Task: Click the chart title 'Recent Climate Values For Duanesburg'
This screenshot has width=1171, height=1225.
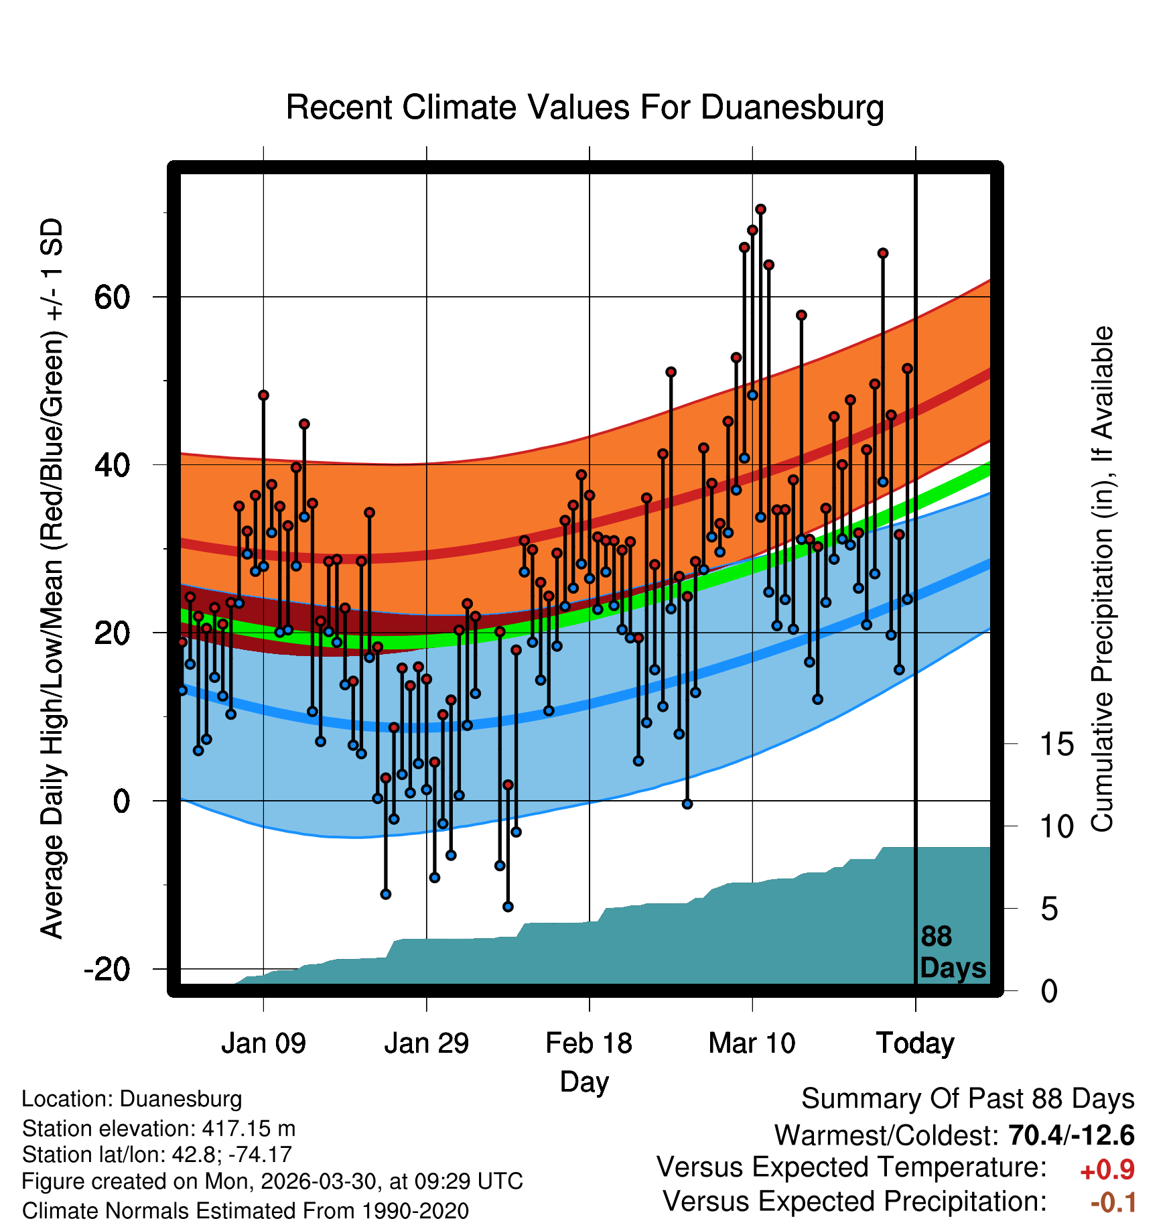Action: [585, 108]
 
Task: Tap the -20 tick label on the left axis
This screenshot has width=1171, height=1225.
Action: [107, 969]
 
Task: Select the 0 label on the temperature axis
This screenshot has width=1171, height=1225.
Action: [121, 801]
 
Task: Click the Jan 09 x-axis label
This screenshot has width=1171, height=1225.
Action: [263, 1043]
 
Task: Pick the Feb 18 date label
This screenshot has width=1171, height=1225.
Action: [589, 1043]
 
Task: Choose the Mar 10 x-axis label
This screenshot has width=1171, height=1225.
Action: [752, 1043]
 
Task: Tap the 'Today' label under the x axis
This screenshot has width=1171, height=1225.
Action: [915, 1044]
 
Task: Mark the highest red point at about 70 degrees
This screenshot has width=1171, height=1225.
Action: [760, 210]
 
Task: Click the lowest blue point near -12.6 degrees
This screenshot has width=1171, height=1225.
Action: [508, 907]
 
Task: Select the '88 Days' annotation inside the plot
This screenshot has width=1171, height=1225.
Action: [953, 952]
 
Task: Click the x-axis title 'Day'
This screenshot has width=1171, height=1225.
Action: [584, 1082]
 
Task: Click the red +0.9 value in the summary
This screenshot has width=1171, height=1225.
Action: [1107, 1170]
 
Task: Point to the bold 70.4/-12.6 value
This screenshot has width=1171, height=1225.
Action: [1071, 1135]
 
